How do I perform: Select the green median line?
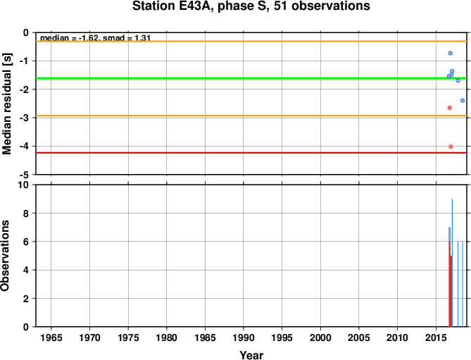[251, 78]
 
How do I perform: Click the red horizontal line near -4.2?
[251, 153]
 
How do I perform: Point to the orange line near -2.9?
[251, 116]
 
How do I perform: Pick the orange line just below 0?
[251, 41]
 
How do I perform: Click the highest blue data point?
[451, 53]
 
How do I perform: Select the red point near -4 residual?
[451, 147]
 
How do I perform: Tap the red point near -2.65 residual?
[450, 108]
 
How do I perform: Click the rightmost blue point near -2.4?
[463, 100]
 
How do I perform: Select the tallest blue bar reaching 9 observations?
[452, 263]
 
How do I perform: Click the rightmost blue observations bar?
[463, 284]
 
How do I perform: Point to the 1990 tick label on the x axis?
[244, 337]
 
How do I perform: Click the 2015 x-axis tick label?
[436, 337]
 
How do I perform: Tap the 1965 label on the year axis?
[51, 337]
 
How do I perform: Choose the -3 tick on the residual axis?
[25, 118]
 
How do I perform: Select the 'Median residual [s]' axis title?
[6, 104]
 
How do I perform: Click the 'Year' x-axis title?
[251, 355]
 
